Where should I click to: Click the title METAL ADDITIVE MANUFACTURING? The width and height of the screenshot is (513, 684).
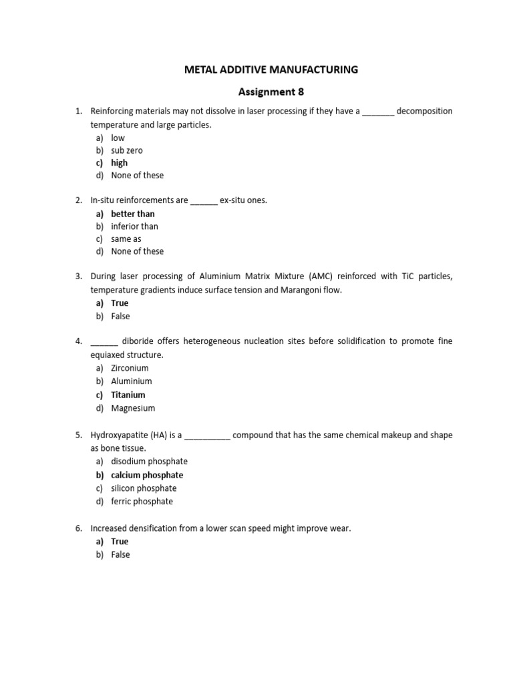coord(271,69)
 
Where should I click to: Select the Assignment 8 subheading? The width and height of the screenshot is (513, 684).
coord(271,92)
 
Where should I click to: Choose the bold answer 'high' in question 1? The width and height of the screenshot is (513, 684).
coord(120,163)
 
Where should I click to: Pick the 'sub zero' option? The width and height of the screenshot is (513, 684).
coord(127,150)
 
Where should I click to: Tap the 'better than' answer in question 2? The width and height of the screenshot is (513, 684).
coord(133,214)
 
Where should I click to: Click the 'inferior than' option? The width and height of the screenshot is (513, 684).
coord(134,226)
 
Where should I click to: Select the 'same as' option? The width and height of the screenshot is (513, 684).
coord(126,239)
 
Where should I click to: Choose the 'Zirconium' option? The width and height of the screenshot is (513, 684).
coord(130,368)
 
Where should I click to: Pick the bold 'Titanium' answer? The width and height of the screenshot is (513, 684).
coord(128,395)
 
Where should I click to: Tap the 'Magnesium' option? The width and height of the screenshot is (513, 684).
coord(132,408)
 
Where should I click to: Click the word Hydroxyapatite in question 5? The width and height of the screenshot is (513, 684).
coord(121,435)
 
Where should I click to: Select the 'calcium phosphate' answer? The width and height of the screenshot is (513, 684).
coord(147,475)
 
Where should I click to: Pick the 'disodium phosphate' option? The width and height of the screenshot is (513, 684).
coord(149,462)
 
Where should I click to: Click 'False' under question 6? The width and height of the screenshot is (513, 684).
coord(121,555)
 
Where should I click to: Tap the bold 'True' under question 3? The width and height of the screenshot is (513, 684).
coord(120,303)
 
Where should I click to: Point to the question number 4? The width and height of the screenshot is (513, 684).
coord(78,341)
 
